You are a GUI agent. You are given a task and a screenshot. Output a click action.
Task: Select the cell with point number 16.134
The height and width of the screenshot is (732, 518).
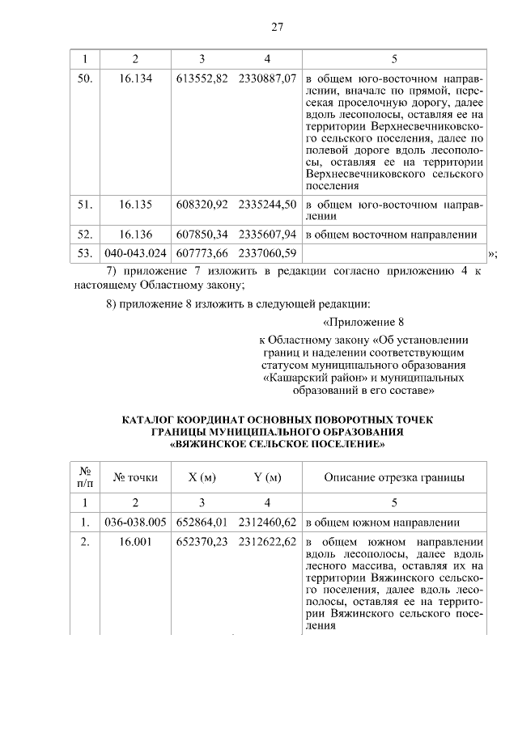point(136,81)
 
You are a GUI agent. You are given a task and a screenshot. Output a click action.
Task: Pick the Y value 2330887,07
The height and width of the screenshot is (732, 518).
point(267,81)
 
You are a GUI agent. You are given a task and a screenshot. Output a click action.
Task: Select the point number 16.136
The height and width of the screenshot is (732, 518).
point(136,235)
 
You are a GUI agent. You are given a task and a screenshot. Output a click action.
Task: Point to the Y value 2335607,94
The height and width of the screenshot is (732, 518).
point(267,235)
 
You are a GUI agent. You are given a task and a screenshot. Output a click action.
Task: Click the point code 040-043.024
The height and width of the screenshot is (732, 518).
point(136,255)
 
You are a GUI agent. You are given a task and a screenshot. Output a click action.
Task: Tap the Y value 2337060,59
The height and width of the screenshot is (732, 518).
point(267,255)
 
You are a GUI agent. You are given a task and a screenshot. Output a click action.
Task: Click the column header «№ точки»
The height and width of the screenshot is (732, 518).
point(136,477)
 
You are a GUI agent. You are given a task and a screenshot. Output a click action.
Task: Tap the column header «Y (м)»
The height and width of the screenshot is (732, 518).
point(267,477)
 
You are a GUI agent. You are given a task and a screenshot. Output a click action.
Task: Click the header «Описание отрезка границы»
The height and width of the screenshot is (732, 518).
point(394,477)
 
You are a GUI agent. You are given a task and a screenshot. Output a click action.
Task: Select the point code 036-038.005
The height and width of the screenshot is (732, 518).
point(136,522)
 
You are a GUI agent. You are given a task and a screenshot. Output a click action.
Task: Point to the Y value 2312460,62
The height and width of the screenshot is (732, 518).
point(267,522)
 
